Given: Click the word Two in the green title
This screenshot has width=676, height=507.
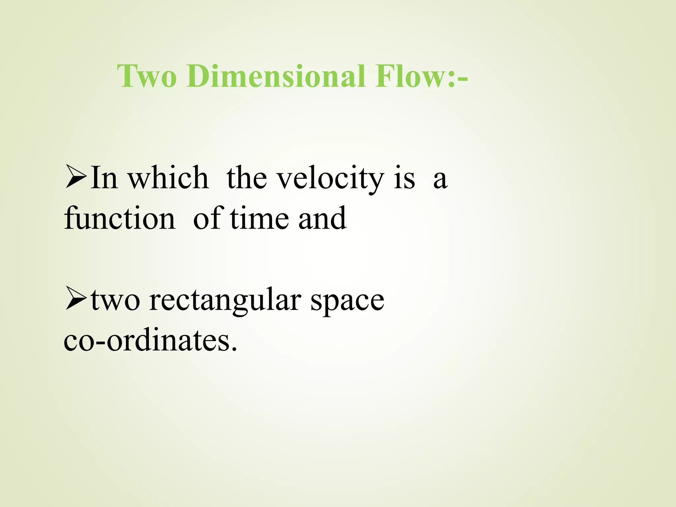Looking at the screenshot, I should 147,76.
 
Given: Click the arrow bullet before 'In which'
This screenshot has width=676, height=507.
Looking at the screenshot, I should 76,178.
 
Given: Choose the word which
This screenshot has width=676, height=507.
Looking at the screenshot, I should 168,178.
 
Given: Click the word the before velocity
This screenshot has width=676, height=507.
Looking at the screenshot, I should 247,178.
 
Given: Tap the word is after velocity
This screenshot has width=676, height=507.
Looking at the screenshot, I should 404,178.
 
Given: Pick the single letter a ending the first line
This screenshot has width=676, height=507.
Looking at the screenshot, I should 440,180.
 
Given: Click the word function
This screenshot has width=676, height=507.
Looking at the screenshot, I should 119,219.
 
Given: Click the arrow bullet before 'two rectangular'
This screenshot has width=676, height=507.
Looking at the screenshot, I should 76,299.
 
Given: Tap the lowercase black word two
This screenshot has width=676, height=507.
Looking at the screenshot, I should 115,300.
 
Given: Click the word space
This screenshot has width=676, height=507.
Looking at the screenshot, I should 348,302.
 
